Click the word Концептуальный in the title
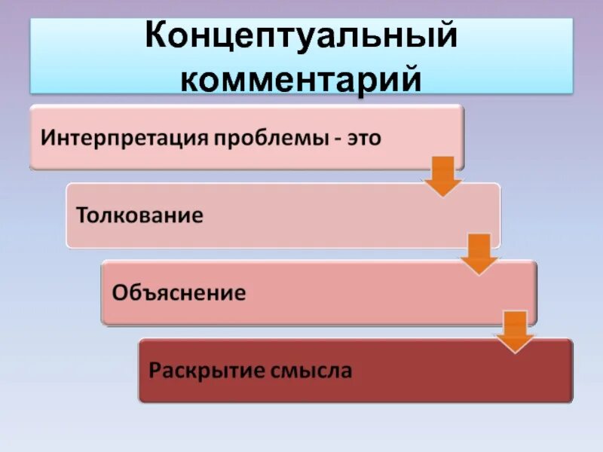[301, 37]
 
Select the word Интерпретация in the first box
[125, 139]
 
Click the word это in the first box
[364, 139]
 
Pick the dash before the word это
[336, 139]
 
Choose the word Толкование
[140, 215]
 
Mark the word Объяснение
[179, 292]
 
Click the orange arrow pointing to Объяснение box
[479, 254]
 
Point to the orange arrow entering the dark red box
[516, 331]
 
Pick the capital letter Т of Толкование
[82, 215]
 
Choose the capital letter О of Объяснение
[120, 292]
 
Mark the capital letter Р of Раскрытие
[155, 371]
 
